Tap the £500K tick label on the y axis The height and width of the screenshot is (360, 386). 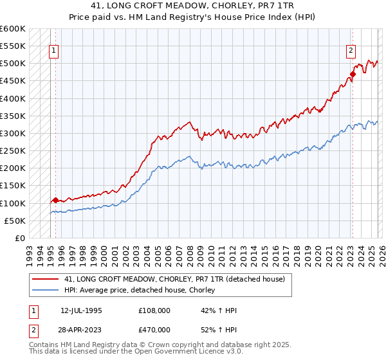coord(13,64)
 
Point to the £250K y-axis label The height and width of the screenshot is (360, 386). coord(13,151)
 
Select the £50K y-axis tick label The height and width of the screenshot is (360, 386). coord(15,221)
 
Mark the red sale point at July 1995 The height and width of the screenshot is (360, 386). coord(56,201)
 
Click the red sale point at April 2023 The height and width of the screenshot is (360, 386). coord(353,74)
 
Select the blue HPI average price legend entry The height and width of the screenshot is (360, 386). coord(143,291)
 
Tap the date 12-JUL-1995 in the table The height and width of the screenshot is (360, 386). coord(81,310)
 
